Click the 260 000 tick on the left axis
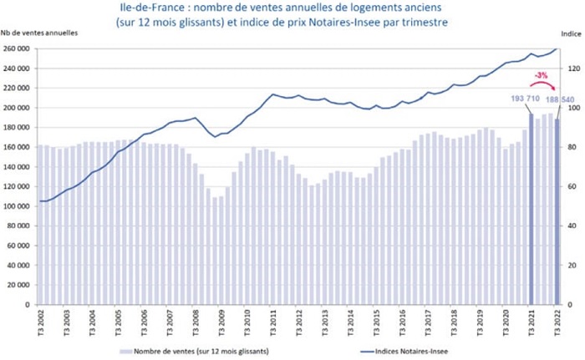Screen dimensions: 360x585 coord(17,48)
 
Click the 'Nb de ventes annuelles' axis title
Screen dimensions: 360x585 coord(39,33)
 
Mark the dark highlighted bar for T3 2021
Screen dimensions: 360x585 coord(532,209)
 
